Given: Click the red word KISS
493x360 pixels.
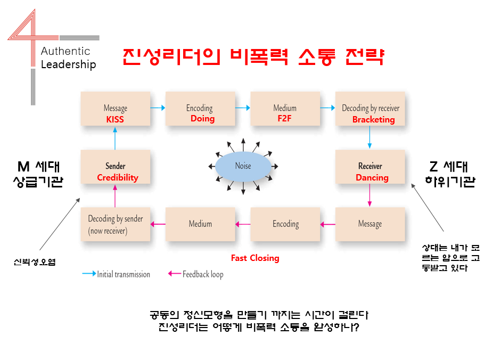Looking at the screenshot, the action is (115, 119).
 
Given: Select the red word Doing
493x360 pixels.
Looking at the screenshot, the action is (202, 119).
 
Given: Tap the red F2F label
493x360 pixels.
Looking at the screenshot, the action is (284, 119).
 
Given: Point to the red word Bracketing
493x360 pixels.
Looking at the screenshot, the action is (374, 120).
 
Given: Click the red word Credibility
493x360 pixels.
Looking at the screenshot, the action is (118, 178).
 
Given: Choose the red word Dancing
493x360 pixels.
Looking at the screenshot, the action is (372, 178).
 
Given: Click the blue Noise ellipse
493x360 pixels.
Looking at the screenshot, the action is (243, 166).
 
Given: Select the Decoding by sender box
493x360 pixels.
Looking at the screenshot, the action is (116, 224).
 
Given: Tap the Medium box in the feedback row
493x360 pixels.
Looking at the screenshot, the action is (200, 224).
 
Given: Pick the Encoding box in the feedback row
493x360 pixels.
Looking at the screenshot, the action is (285, 224).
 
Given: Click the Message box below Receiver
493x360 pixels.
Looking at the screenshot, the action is (370, 224).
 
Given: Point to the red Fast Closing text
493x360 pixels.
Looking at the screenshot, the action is (255, 258).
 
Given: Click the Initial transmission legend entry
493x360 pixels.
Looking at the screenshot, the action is (116, 274).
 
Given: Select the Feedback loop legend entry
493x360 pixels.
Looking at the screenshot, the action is (195, 274).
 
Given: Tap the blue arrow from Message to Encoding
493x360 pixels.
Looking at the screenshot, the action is (158, 108).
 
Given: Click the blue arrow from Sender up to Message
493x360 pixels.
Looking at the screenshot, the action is (115, 138).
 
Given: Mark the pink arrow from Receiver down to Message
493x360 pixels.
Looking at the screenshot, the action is (369, 195).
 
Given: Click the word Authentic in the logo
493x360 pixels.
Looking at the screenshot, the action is (65, 51).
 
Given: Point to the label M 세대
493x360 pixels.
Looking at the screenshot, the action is (38, 167).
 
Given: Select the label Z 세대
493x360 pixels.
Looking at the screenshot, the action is (449, 167).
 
